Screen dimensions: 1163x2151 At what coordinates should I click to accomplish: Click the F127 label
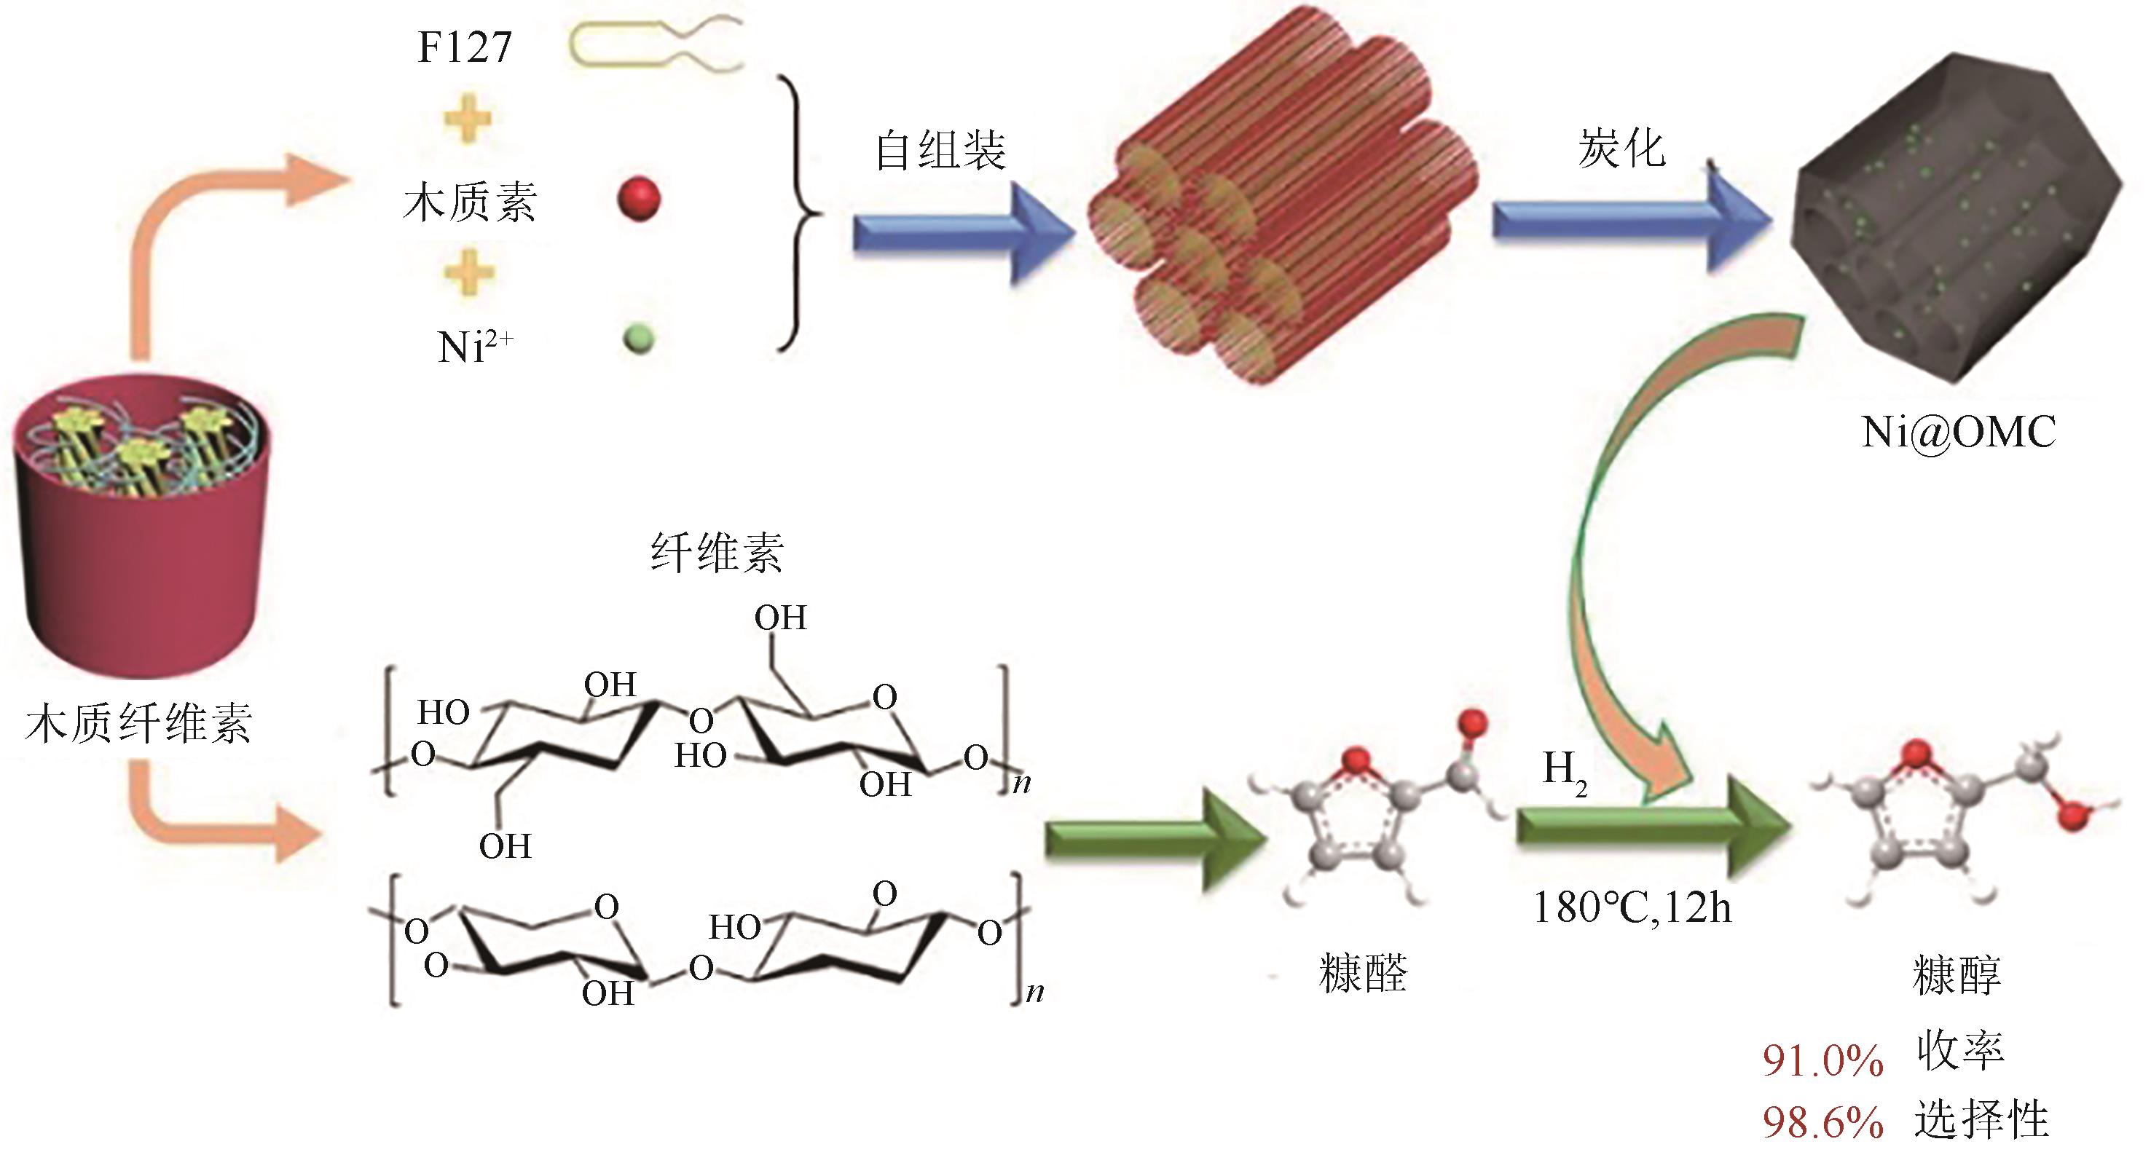(463, 47)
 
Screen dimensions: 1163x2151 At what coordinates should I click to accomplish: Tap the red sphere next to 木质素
(639, 200)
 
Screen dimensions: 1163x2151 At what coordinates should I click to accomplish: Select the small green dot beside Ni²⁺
(639, 339)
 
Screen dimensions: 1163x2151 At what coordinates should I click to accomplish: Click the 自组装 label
(940, 151)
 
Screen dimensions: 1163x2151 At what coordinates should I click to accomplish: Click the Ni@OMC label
(1958, 432)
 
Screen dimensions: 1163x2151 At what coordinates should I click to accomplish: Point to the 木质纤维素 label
(138, 723)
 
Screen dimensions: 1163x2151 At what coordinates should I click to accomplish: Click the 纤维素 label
(717, 553)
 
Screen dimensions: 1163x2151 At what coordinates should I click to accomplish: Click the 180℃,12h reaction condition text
(1632, 908)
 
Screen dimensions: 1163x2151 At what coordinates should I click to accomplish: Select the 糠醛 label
(1363, 974)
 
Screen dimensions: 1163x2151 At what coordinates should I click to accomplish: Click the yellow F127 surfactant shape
(656, 46)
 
